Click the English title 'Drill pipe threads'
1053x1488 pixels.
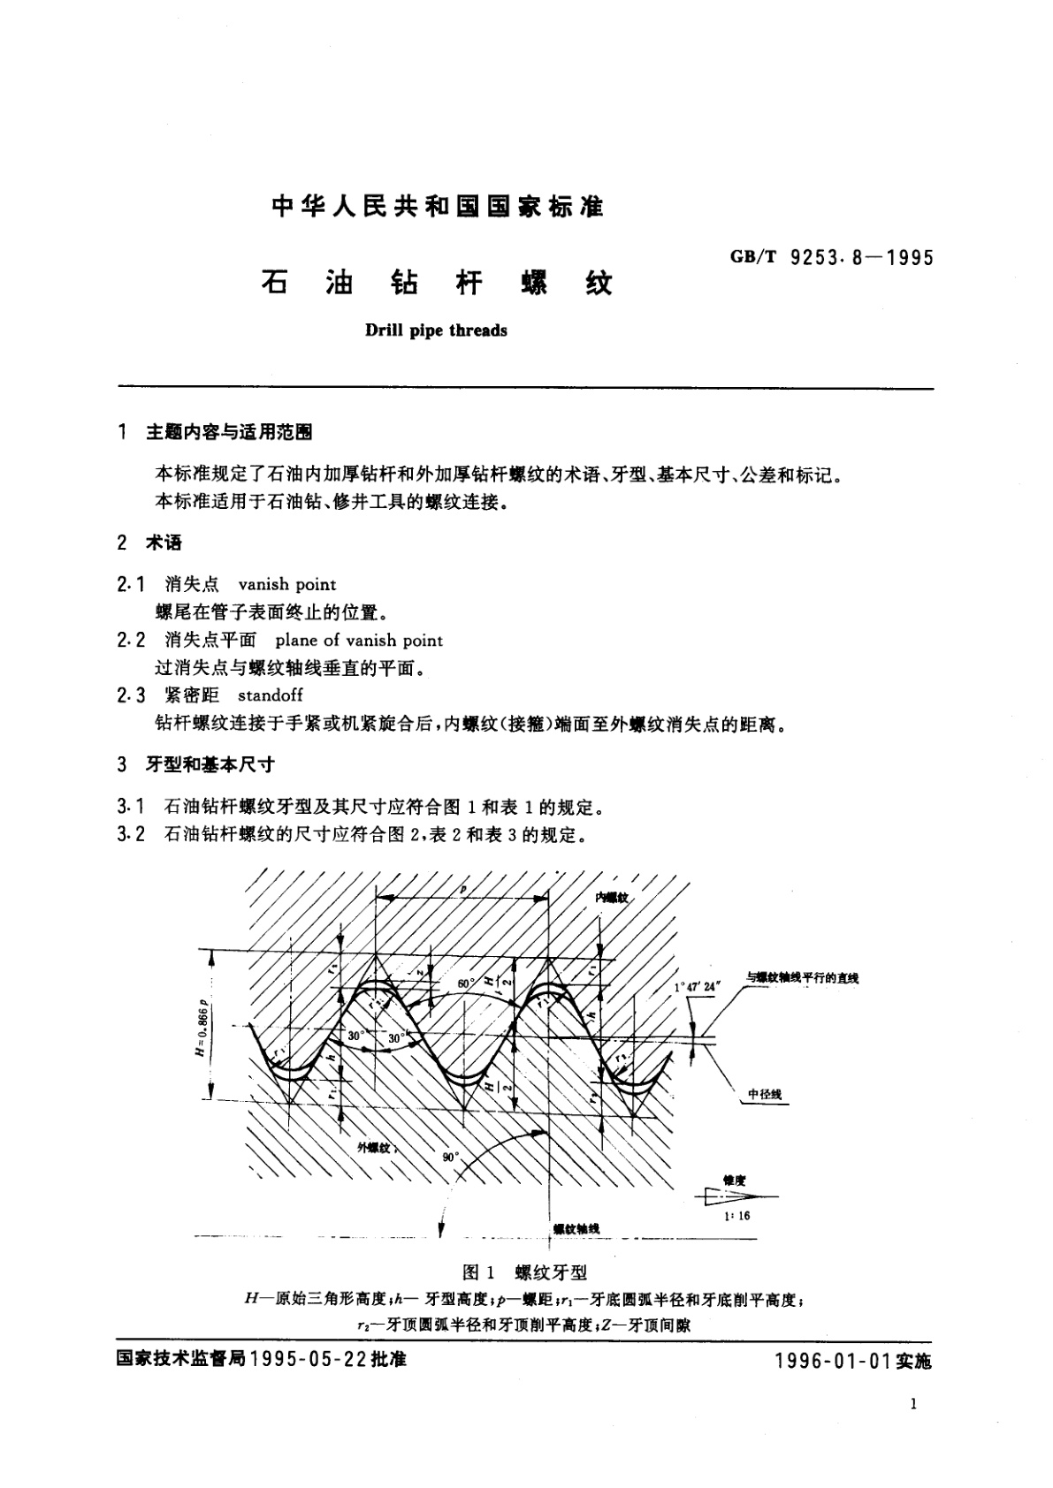(436, 331)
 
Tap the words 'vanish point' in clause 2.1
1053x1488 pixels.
(287, 584)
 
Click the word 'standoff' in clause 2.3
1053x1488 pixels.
(271, 695)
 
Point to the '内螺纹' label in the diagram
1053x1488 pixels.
(610, 897)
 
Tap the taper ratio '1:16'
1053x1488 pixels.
(736, 1216)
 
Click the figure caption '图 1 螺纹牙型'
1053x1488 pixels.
(525, 1272)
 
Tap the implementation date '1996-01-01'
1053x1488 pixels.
(830, 1362)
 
